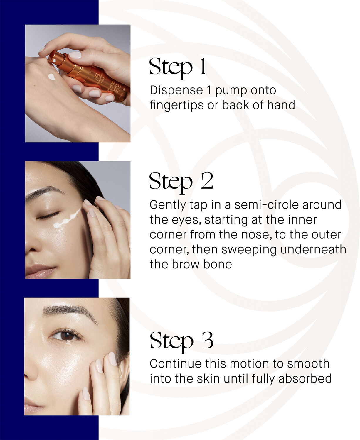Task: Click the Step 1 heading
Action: [178, 67]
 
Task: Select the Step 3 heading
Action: [181, 341]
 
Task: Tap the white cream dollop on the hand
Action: [52, 77]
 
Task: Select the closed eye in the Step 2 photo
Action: [48, 216]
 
